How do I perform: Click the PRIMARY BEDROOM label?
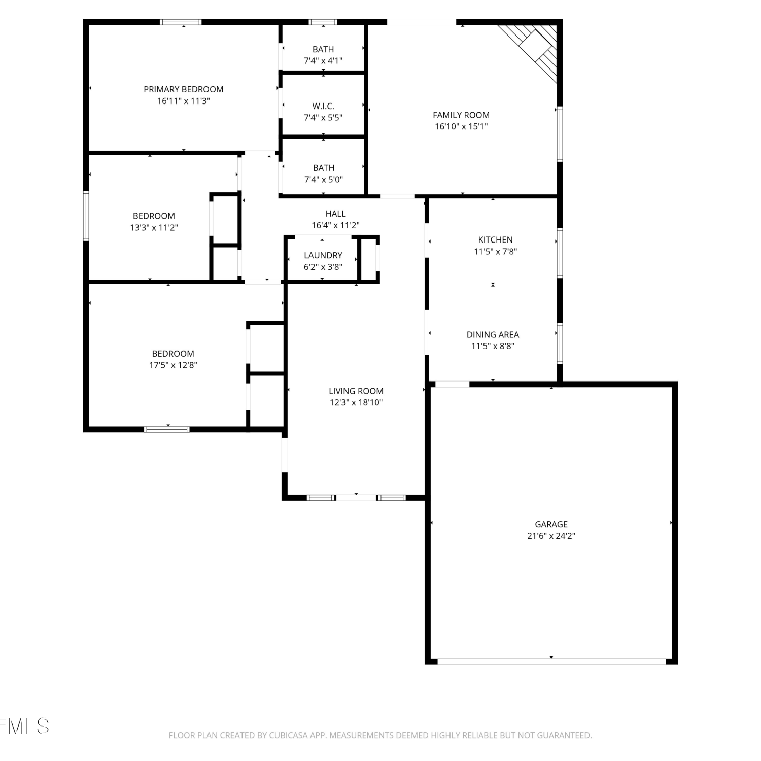coord(184,89)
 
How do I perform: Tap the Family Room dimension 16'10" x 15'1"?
coord(461,126)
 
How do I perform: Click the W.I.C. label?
coord(323,106)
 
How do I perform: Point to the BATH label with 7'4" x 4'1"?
coord(323,49)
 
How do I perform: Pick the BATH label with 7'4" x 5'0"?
coord(324,168)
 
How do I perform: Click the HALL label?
coord(335,214)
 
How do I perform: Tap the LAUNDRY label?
coord(323,255)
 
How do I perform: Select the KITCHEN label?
coord(496,239)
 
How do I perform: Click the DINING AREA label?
coord(493,334)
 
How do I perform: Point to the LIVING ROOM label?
coord(356,391)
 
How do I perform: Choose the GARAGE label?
coord(551,524)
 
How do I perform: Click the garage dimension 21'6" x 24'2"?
coord(551,536)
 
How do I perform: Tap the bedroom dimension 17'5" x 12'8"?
coord(173,365)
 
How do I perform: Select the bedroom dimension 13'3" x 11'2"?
coord(154,227)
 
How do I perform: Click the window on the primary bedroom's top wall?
coord(181,22)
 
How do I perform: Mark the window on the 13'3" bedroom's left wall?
coord(86,216)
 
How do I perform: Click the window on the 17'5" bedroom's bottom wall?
coord(167,429)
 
